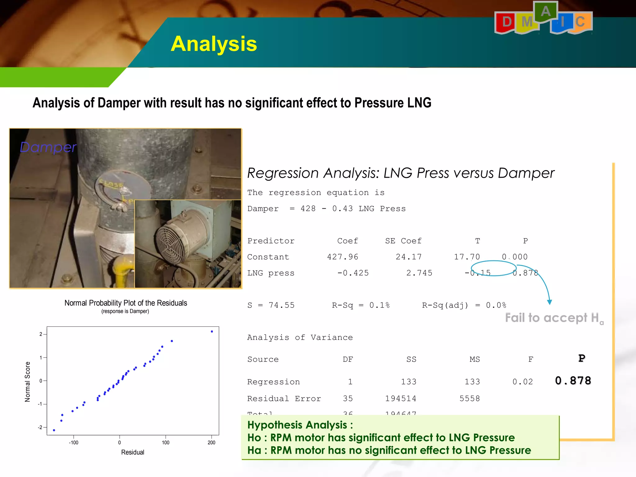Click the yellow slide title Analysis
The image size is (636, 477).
tap(214, 44)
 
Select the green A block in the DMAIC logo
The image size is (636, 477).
tap(546, 11)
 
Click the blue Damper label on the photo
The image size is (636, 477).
tap(48, 147)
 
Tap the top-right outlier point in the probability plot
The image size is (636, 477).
tap(212, 331)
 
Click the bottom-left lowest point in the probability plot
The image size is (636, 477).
tap(54, 430)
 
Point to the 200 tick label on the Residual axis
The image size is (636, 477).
tap(211, 443)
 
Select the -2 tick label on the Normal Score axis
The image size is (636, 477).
tap(40, 427)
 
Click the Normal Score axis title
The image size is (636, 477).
tap(28, 382)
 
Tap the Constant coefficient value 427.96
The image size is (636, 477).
tap(343, 257)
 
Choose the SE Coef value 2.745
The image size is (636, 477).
tap(419, 273)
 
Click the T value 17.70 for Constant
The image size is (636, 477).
tap(467, 257)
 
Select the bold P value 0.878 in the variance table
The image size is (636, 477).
tap(573, 381)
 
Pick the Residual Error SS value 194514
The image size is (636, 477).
tap(401, 398)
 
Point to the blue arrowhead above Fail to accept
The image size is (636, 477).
tap(549, 302)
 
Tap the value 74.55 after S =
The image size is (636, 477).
tap(281, 305)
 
